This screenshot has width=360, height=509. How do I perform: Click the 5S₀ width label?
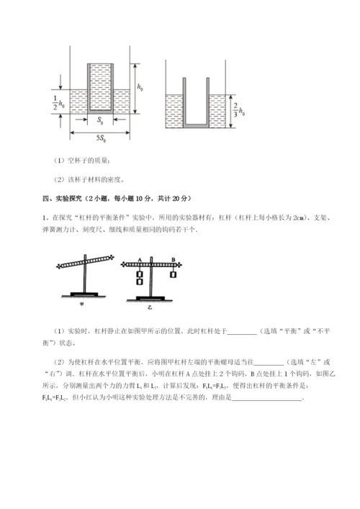[x=101, y=134]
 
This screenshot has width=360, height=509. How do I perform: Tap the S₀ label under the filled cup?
[x=100, y=120]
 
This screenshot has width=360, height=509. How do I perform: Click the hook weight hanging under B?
[x=174, y=274]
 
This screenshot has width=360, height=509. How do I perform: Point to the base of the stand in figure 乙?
[x=153, y=296]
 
